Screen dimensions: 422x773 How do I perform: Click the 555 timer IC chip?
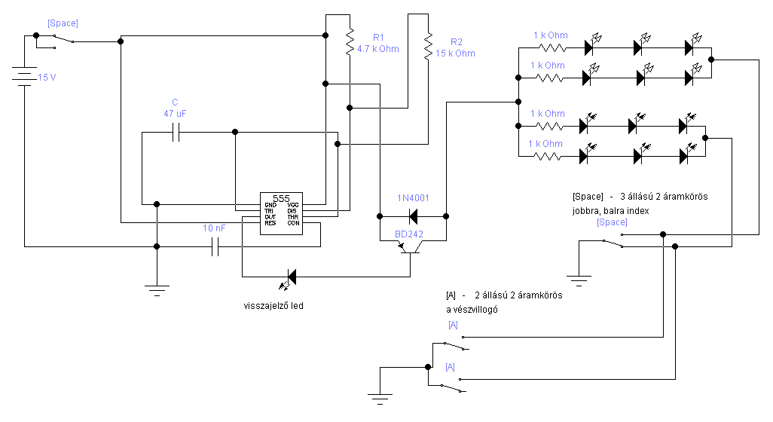pyautogui.click(x=281, y=212)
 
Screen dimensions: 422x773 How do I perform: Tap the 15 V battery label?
pyautogui.click(x=47, y=78)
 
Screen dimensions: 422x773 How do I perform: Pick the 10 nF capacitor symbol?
pyautogui.click(x=215, y=246)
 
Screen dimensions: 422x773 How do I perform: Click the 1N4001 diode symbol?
pyautogui.click(x=412, y=216)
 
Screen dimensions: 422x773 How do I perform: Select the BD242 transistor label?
pyautogui.click(x=409, y=234)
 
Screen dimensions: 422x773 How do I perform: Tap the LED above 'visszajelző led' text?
pyautogui.click(x=289, y=278)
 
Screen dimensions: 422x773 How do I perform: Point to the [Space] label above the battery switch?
pyautogui.click(x=63, y=23)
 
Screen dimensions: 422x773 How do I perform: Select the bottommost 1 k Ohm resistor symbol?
pyautogui.click(x=548, y=156)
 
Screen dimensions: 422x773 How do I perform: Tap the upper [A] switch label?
pyautogui.click(x=453, y=326)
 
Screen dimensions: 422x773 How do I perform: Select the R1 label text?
pyautogui.click(x=378, y=38)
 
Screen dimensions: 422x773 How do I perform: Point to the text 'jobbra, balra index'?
pyautogui.click(x=611, y=211)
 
